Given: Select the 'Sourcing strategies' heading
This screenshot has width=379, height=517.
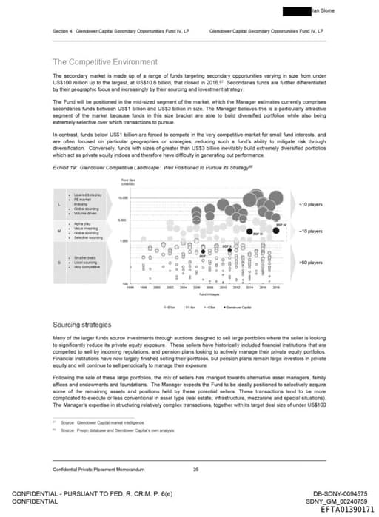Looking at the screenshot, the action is point(82,325).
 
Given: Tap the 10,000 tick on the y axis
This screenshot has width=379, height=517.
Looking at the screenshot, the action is point(123,197).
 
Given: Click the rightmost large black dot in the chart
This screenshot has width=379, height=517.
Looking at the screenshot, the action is point(276,230).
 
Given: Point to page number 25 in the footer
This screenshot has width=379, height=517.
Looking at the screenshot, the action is point(195,470).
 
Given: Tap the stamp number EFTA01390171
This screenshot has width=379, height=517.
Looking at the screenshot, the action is point(347,509).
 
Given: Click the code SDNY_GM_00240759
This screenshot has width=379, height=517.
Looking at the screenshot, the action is point(344,501).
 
